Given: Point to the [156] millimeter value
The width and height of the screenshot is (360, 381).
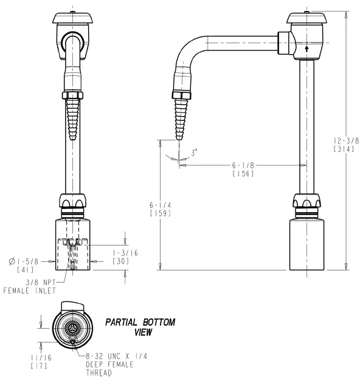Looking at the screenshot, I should point(243,174).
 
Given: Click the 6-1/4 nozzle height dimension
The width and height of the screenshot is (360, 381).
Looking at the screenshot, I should point(160,205).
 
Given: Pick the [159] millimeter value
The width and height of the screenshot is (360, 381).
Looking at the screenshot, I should point(160,213).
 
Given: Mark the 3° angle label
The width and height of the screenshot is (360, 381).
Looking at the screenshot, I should point(194,154).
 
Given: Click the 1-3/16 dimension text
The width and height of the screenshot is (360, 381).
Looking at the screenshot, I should point(125,252).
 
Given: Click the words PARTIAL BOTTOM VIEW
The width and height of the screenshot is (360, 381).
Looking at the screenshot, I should point(140,326).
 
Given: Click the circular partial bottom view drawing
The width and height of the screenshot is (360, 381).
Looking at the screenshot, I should point(72,326).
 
